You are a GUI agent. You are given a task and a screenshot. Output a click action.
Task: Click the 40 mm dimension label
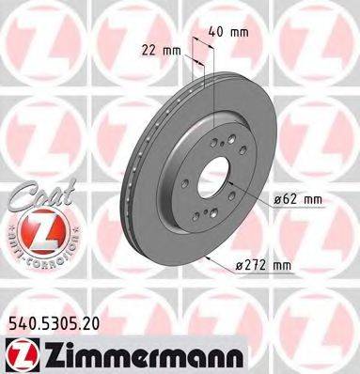[232, 31]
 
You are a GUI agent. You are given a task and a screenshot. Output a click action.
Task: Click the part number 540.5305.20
[55, 321]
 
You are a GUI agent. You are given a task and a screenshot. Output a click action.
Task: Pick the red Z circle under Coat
[32, 232]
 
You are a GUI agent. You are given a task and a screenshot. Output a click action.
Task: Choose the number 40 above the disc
[223, 31]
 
